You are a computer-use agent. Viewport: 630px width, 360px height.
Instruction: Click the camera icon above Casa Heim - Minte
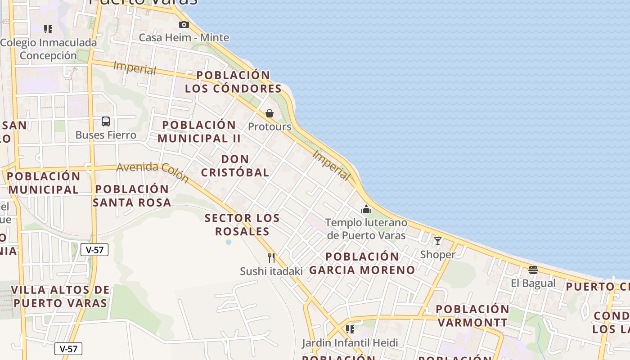[x=184, y=25]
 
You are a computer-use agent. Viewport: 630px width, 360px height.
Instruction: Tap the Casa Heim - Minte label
[x=184, y=37]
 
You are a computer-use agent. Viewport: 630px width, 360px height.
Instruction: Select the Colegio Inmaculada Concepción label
[x=48, y=49]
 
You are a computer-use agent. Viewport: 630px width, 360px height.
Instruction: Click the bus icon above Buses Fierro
[x=106, y=121]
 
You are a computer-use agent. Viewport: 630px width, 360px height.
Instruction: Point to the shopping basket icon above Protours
[x=270, y=113]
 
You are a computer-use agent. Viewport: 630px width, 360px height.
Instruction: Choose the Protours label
[x=270, y=127]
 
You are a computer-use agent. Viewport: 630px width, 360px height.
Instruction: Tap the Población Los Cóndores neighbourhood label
[x=233, y=82]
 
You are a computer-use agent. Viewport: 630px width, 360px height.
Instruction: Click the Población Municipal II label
[x=199, y=131]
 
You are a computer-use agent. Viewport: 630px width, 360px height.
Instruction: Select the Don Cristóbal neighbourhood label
[x=235, y=166]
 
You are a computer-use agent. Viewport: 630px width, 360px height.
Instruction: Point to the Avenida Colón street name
[x=153, y=172]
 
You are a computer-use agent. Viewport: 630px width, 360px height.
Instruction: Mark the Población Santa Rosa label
[x=132, y=196]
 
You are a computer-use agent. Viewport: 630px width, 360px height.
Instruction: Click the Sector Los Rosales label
[x=242, y=225]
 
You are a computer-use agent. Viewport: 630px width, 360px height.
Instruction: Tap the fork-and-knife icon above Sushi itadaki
[x=271, y=257]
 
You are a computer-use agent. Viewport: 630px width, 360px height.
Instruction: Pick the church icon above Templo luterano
[x=366, y=209]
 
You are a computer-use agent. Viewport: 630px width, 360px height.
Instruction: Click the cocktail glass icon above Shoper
[x=437, y=241]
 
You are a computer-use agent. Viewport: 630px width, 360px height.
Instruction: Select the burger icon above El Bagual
[x=533, y=270]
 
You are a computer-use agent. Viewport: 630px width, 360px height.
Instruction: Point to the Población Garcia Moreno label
[x=362, y=263]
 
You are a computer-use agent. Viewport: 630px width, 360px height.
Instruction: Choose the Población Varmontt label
[x=472, y=316]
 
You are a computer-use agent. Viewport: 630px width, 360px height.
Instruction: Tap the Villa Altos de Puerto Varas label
[x=60, y=296]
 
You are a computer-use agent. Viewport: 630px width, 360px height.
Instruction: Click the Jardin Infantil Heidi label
[x=350, y=343]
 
